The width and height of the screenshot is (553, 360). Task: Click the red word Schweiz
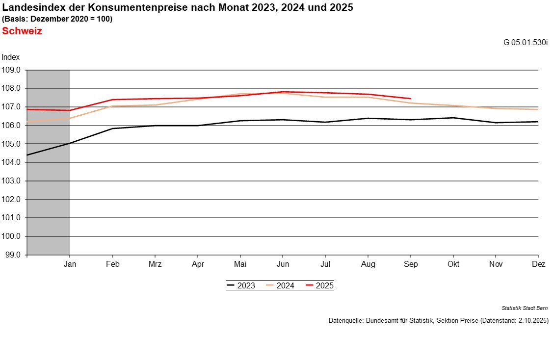pyautogui.click(x=22, y=31)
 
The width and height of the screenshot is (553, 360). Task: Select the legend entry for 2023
pyautogui.click(x=241, y=285)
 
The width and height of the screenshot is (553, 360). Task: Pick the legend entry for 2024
pyautogui.click(x=280, y=285)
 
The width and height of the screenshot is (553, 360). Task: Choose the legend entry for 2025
pyautogui.click(x=319, y=285)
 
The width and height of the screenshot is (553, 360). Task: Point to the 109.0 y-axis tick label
pyautogui.click(x=12, y=70)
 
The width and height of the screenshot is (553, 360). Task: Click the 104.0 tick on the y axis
pyautogui.click(x=12, y=162)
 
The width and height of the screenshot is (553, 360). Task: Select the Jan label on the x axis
pyautogui.click(x=70, y=264)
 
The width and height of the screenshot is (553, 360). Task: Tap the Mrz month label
pyautogui.click(x=155, y=264)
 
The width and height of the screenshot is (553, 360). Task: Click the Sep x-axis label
pyautogui.click(x=411, y=264)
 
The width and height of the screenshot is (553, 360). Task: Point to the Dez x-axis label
pyautogui.click(x=538, y=264)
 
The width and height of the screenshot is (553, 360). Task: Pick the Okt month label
pyautogui.click(x=453, y=264)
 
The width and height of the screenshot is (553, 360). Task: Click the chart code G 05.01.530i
pyautogui.click(x=525, y=42)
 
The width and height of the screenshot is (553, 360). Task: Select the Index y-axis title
pyautogui.click(x=10, y=57)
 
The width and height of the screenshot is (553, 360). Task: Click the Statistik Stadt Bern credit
pyautogui.click(x=525, y=308)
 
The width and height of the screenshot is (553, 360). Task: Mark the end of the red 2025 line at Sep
pyautogui.click(x=411, y=99)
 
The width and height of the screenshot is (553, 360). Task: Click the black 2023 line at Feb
pyautogui.click(x=112, y=129)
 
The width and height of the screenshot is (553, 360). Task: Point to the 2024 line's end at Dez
pyautogui.click(x=538, y=109)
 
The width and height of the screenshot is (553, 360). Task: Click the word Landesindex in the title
pyautogui.click(x=29, y=7)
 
